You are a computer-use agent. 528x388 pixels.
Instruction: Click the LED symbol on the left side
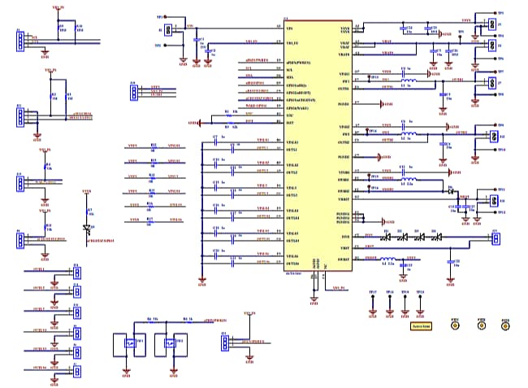pos(87,229)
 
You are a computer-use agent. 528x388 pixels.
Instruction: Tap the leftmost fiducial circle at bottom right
pos(455,325)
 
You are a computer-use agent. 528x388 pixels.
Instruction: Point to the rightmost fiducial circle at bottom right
pos(505,325)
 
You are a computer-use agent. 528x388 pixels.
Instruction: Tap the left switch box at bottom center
pos(127,342)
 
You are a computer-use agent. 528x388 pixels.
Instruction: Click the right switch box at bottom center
pos(172,342)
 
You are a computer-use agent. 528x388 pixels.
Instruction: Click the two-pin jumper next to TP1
pos(168,30)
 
